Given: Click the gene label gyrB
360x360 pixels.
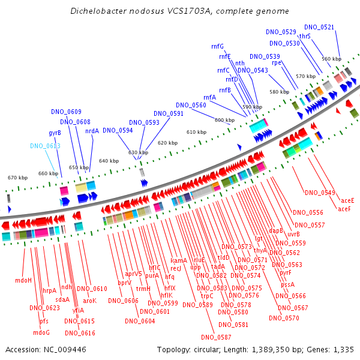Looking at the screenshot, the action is [x=55, y=133].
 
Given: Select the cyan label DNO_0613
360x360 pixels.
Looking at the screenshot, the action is [x=45, y=146].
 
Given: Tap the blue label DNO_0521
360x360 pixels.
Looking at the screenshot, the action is [x=319, y=27].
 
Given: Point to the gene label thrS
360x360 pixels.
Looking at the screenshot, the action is [x=305, y=36].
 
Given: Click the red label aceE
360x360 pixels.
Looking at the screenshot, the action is [x=347, y=200].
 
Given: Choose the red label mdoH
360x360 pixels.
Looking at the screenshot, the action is [x=23, y=280].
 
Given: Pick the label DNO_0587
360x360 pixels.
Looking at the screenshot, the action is [x=216, y=337].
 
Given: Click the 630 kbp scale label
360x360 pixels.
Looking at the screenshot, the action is [x=138, y=152].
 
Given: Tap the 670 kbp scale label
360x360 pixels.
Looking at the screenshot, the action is [x=17, y=178].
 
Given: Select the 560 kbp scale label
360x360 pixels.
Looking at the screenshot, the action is [x=332, y=59].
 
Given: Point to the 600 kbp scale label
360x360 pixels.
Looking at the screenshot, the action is [x=225, y=120].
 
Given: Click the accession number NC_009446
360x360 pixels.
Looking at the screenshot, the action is [x=65, y=350].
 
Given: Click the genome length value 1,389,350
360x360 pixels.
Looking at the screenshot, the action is [x=271, y=350].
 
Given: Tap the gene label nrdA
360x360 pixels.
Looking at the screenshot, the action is [x=92, y=131].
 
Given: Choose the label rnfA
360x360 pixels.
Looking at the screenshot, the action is [x=210, y=97].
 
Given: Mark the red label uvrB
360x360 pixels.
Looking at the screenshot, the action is [x=293, y=234].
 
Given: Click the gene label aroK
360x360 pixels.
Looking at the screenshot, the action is [x=90, y=301].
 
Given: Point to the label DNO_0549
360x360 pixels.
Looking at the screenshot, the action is [x=320, y=193].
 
